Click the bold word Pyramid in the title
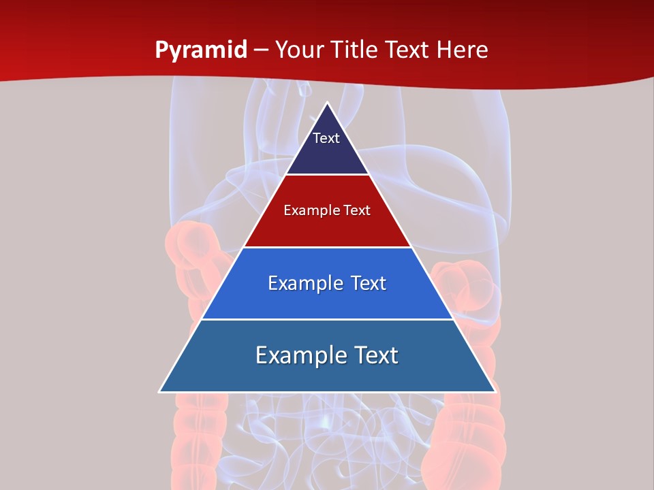point(201,50)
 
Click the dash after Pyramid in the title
point(261,50)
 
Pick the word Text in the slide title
point(407,50)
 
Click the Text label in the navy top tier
point(326,138)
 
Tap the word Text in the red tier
point(358,210)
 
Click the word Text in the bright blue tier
point(369,283)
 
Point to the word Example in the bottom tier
point(299,355)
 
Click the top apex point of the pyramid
point(327,102)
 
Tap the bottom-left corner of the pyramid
point(159,391)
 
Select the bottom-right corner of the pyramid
point(495,391)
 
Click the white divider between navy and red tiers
point(327,175)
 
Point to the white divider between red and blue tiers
point(327,247)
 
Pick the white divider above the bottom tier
point(327,319)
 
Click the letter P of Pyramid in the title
point(161,50)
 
